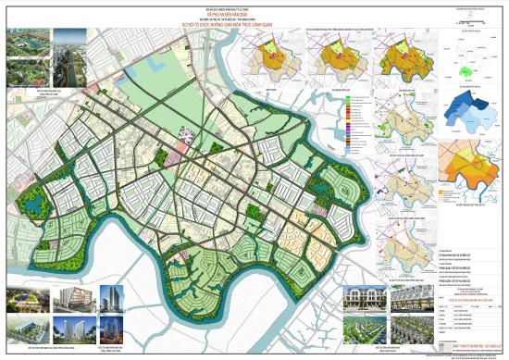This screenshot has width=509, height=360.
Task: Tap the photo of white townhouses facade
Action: tap(365, 297)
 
